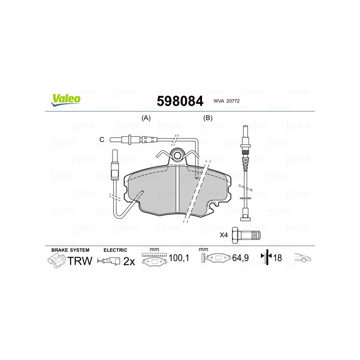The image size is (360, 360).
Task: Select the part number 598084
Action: (180, 101)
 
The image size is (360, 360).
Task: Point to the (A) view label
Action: (146, 118)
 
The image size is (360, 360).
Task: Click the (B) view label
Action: (207, 118)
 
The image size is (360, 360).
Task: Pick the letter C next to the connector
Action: (102, 140)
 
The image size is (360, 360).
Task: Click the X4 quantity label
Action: (223, 235)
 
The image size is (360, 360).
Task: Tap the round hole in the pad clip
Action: (178, 156)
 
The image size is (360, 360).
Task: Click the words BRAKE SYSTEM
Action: (70, 250)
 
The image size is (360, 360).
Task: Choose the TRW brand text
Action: (80, 261)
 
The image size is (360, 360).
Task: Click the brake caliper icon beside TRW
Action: (56, 261)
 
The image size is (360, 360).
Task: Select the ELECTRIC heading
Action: (115, 250)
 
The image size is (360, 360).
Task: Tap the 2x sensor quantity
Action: (129, 261)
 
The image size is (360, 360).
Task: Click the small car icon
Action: (303, 258)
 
